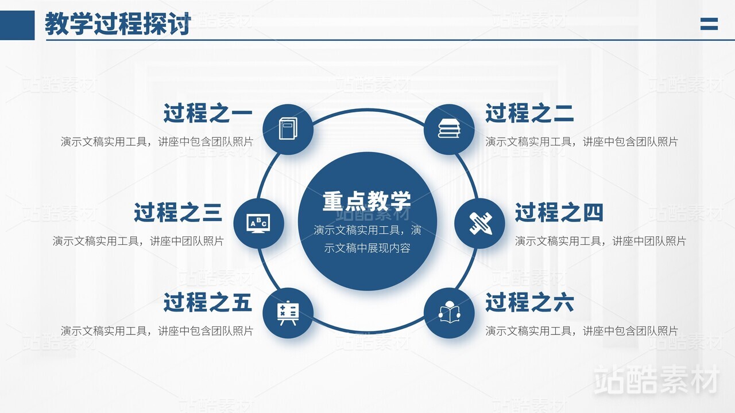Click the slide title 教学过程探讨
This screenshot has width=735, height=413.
(x=118, y=24)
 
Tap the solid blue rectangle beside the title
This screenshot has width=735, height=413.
(x=17, y=25)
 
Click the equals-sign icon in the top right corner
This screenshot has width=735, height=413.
(x=709, y=24)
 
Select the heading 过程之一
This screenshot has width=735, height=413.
(x=208, y=113)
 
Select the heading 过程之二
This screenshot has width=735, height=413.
(x=529, y=113)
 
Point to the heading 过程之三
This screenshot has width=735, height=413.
(x=178, y=212)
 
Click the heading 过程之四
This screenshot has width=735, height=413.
(x=559, y=212)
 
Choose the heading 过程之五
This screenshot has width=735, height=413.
(x=208, y=302)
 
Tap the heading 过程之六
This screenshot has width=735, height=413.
(x=529, y=302)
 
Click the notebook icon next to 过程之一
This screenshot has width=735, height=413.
(x=288, y=128)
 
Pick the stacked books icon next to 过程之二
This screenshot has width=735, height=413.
(x=449, y=128)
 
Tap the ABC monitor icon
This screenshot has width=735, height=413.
(x=258, y=224)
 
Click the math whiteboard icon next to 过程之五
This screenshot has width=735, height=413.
(x=288, y=313)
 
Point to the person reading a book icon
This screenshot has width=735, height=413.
(x=450, y=312)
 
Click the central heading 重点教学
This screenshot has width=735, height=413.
(x=367, y=201)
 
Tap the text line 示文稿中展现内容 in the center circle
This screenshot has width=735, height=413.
(x=367, y=248)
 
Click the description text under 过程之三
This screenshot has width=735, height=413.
(x=138, y=241)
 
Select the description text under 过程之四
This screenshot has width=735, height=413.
(x=601, y=241)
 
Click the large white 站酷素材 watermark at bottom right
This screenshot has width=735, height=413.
(x=657, y=380)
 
